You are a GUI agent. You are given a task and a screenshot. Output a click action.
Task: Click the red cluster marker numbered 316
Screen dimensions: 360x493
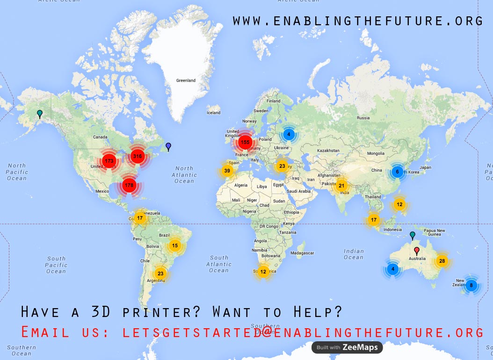(137, 156)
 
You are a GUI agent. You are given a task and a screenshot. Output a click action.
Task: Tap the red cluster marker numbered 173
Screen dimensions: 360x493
(109, 161)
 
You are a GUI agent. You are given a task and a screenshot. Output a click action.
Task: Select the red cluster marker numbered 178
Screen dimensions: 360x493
(129, 185)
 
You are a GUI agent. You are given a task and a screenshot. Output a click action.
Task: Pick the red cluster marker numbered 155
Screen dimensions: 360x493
(245, 142)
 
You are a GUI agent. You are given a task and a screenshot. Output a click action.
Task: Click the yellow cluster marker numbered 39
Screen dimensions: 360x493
(227, 171)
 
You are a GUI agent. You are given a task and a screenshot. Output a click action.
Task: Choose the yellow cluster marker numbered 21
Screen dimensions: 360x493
(341, 186)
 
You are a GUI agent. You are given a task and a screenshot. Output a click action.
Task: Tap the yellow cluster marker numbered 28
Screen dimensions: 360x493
(442, 261)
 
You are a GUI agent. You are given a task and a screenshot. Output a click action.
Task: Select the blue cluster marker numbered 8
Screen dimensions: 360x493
(471, 285)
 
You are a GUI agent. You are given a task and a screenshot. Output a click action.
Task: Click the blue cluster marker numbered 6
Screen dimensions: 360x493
(397, 172)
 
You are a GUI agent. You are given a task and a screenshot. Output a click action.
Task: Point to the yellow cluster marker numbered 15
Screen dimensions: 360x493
(174, 245)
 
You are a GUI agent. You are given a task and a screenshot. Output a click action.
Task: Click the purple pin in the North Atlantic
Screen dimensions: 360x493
(168, 147)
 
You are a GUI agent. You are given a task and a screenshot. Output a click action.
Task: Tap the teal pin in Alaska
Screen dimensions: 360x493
(40, 113)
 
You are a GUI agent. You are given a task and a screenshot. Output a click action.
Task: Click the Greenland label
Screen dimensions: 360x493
(186, 80)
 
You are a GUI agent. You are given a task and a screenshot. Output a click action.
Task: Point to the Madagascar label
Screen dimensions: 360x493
(302, 253)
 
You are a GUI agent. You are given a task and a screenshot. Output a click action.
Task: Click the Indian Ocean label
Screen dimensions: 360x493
(353, 254)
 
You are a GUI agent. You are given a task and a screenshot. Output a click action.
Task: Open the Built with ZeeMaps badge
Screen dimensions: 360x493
(347, 347)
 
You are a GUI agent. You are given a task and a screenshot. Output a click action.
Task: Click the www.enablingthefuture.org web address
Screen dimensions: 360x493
(358, 21)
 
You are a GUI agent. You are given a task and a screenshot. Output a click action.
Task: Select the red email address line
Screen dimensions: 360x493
(252, 332)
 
